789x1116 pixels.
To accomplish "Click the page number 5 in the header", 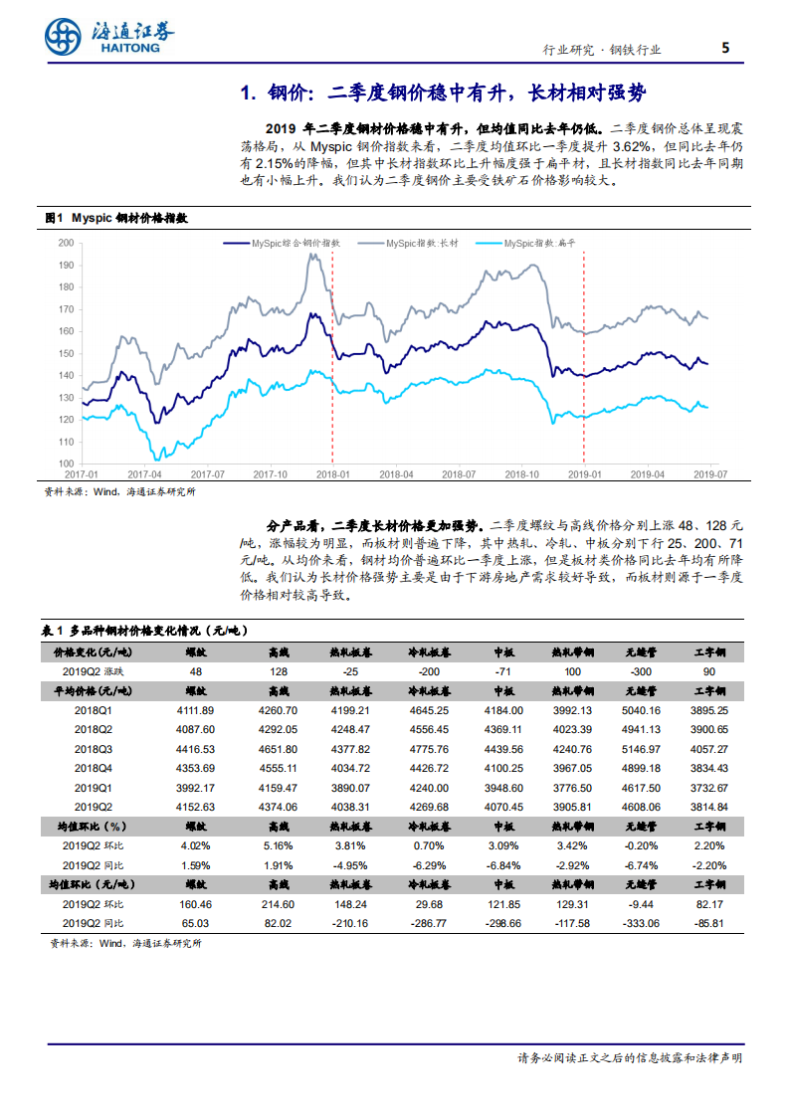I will coord(725,48).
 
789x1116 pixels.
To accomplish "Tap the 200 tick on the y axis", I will coord(67,243).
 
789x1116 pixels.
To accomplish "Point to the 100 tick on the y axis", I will coord(67,464).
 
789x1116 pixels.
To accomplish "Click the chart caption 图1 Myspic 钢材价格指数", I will coord(116,217).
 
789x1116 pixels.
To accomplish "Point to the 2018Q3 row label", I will coord(94,748).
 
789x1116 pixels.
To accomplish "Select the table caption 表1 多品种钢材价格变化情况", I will coord(144,631).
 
